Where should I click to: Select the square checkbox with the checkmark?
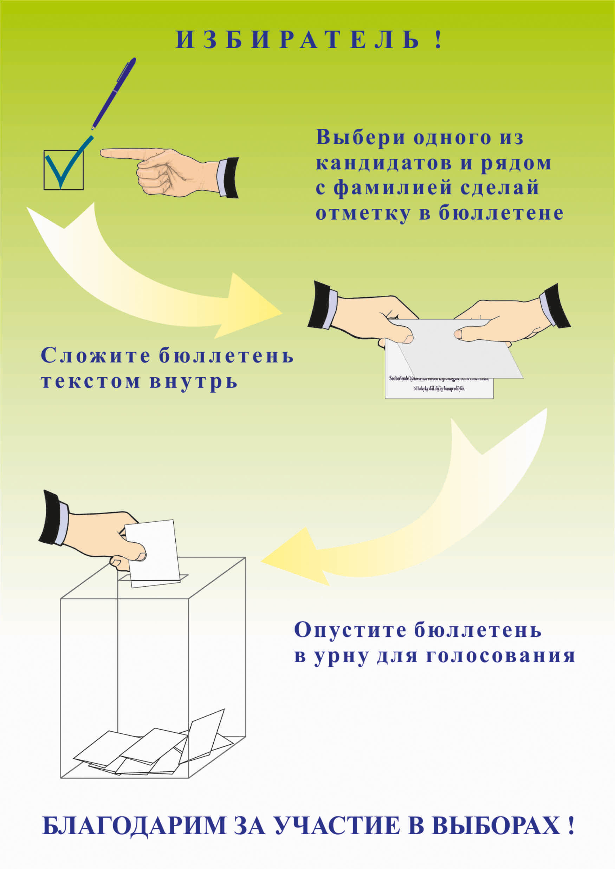coord(63,170)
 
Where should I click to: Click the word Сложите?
coord(95,355)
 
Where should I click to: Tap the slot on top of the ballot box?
coord(153,577)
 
